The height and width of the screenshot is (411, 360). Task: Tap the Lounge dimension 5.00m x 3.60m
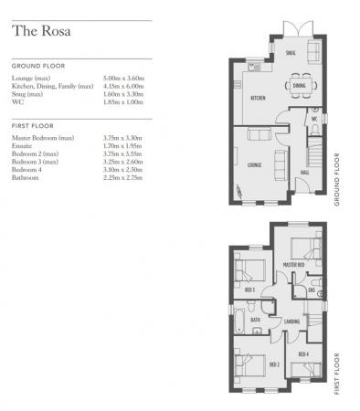click(124, 79)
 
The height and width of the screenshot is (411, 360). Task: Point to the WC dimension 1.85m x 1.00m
click(124, 100)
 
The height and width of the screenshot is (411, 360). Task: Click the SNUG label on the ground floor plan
click(291, 53)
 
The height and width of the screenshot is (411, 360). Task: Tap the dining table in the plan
click(300, 87)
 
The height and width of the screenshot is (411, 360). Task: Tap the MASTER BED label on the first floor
click(294, 265)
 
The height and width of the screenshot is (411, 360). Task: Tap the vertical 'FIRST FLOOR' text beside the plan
click(340, 374)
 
